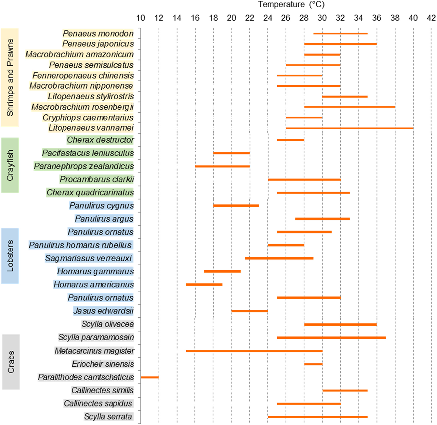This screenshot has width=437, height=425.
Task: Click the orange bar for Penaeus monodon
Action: coord(340,33)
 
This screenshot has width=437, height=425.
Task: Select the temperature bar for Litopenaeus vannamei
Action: coord(350,128)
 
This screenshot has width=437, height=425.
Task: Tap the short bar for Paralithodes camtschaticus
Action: coord(150,377)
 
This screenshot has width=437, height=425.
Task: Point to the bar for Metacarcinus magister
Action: coord(254,351)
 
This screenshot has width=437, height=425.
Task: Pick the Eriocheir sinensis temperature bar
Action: coord(313,364)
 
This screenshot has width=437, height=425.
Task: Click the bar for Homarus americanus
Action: coord(204,285)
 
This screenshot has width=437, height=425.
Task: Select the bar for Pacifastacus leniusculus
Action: coord(231,153)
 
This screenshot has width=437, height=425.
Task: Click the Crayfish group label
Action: coord(10,165)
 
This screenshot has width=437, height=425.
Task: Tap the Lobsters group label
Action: coord(10,256)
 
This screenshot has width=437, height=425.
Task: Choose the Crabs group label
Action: coord(11,362)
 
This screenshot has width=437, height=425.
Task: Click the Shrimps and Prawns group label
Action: coord(10,77)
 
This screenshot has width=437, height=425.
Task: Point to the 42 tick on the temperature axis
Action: coord(431,18)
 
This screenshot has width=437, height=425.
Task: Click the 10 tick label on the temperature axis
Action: coord(141,18)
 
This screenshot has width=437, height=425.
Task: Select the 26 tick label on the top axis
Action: coord(286,18)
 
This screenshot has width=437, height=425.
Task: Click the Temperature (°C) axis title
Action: coord(291,4)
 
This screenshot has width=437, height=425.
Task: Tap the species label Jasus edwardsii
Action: coord(103,311)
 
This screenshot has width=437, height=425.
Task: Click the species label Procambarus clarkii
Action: coord(97,179)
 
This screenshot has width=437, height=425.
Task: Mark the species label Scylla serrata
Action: coord(108,417)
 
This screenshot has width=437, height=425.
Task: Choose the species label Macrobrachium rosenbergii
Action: coord(82,107)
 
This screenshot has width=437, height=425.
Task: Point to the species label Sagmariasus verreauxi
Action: coord(89,258)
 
